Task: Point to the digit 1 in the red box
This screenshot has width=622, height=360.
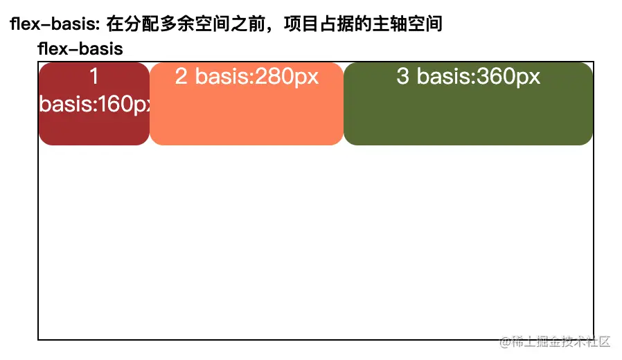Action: click(x=94, y=76)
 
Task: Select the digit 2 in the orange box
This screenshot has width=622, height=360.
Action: click(x=181, y=76)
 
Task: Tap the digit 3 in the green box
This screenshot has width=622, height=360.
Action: click(x=402, y=76)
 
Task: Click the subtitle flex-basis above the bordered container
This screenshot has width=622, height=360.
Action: click(x=80, y=49)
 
